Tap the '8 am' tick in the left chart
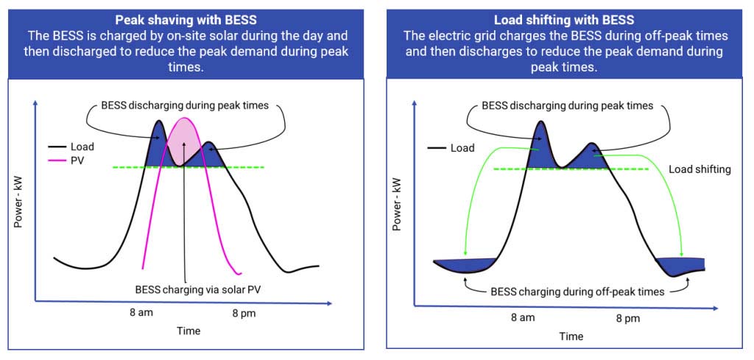[141, 313]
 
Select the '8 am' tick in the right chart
[523, 318]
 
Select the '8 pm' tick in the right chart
[627, 318]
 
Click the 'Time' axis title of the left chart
[188, 331]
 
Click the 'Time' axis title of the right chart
[571, 336]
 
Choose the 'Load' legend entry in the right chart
[462, 148]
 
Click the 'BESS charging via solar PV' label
[198, 289]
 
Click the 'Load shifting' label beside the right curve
[700, 169]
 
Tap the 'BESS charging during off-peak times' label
[577, 292]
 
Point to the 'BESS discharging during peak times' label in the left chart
[186, 105]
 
